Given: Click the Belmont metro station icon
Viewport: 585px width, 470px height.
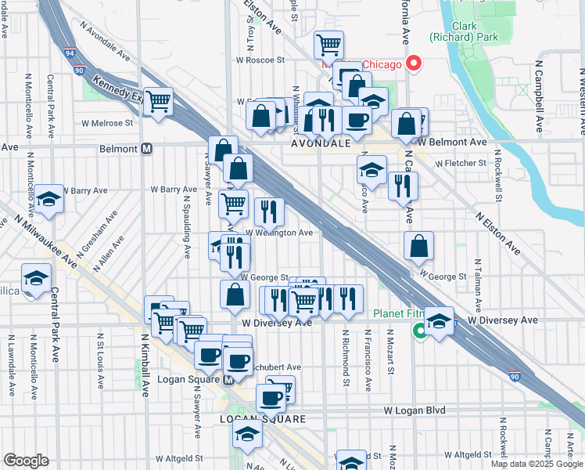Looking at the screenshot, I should pyautogui.click(x=146, y=148).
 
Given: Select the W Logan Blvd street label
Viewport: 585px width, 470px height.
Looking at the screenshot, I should pyautogui.click(x=414, y=410).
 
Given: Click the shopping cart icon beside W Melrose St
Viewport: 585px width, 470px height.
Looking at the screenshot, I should pyautogui.click(x=158, y=101).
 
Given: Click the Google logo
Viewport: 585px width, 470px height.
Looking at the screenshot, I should pyautogui.click(x=26, y=460).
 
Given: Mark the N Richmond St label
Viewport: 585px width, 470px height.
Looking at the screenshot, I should pyautogui.click(x=345, y=357).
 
